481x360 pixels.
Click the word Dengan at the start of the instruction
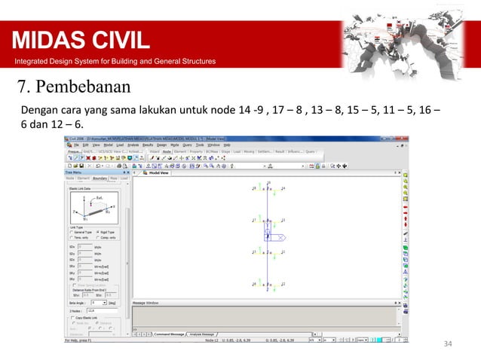coord(41,110)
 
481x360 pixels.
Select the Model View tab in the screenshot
coord(158,172)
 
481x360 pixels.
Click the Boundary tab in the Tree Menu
coord(102,178)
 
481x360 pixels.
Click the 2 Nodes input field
coord(95,310)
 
